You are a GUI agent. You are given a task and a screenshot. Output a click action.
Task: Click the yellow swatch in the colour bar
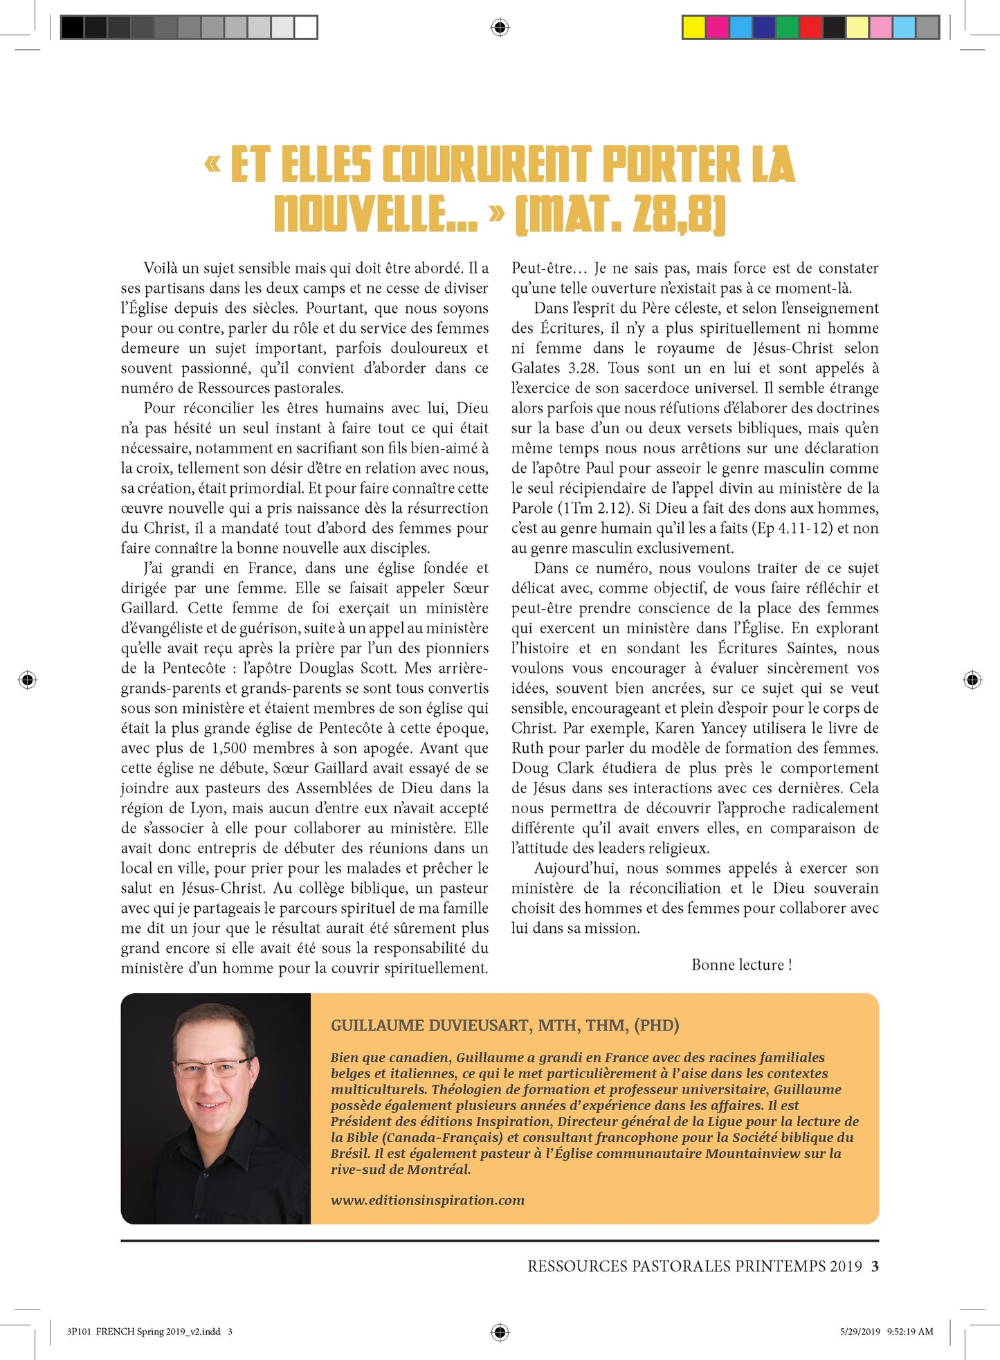pyautogui.click(x=694, y=27)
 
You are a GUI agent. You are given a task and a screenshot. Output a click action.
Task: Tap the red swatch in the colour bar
pyautogui.click(x=810, y=27)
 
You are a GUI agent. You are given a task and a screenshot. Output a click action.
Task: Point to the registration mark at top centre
pyautogui.click(x=500, y=28)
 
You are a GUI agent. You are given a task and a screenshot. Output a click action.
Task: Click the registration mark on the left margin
pyautogui.click(x=28, y=680)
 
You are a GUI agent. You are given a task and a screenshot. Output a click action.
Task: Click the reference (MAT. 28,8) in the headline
pyautogui.click(x=620, y=214)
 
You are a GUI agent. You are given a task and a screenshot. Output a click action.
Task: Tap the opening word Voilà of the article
pyautogui.click(x=159, y=268)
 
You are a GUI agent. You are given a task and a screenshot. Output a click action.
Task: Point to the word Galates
pyautogui.click(x=536, y=368)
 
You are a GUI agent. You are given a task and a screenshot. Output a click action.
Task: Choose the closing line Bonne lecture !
pyautogui.click(x=741, y=965)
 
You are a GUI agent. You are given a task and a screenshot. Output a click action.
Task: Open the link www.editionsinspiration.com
pyautogui.click(x=427, y=1200)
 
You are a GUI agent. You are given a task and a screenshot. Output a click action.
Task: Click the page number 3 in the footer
pyautogui.click(x=875, y=1266)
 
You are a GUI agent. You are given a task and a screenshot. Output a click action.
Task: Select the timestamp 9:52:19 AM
pyautogui.click(x=909, y=1331)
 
